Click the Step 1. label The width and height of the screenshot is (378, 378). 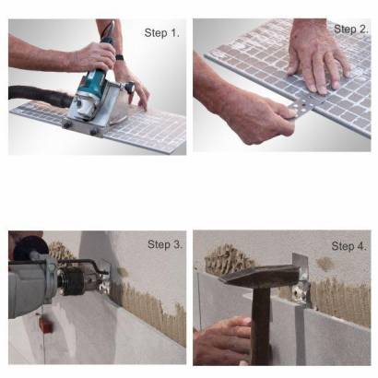coord(161,33)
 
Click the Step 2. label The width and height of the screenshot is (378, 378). coord(351,30)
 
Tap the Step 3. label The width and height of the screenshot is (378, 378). coord(165,244)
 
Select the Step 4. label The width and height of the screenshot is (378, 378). coord(349,246)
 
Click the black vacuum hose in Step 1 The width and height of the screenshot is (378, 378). coord(40,95)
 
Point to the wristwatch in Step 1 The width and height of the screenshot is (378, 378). coord(120,57)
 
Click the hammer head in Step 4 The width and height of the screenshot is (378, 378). coord(261,275)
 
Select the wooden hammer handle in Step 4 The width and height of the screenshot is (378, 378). coord(261,325)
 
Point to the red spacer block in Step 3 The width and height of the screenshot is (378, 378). coord(47,326)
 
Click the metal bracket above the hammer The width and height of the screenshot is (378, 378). coord(301,280)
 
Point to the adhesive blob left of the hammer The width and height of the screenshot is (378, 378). coord(228,256)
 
